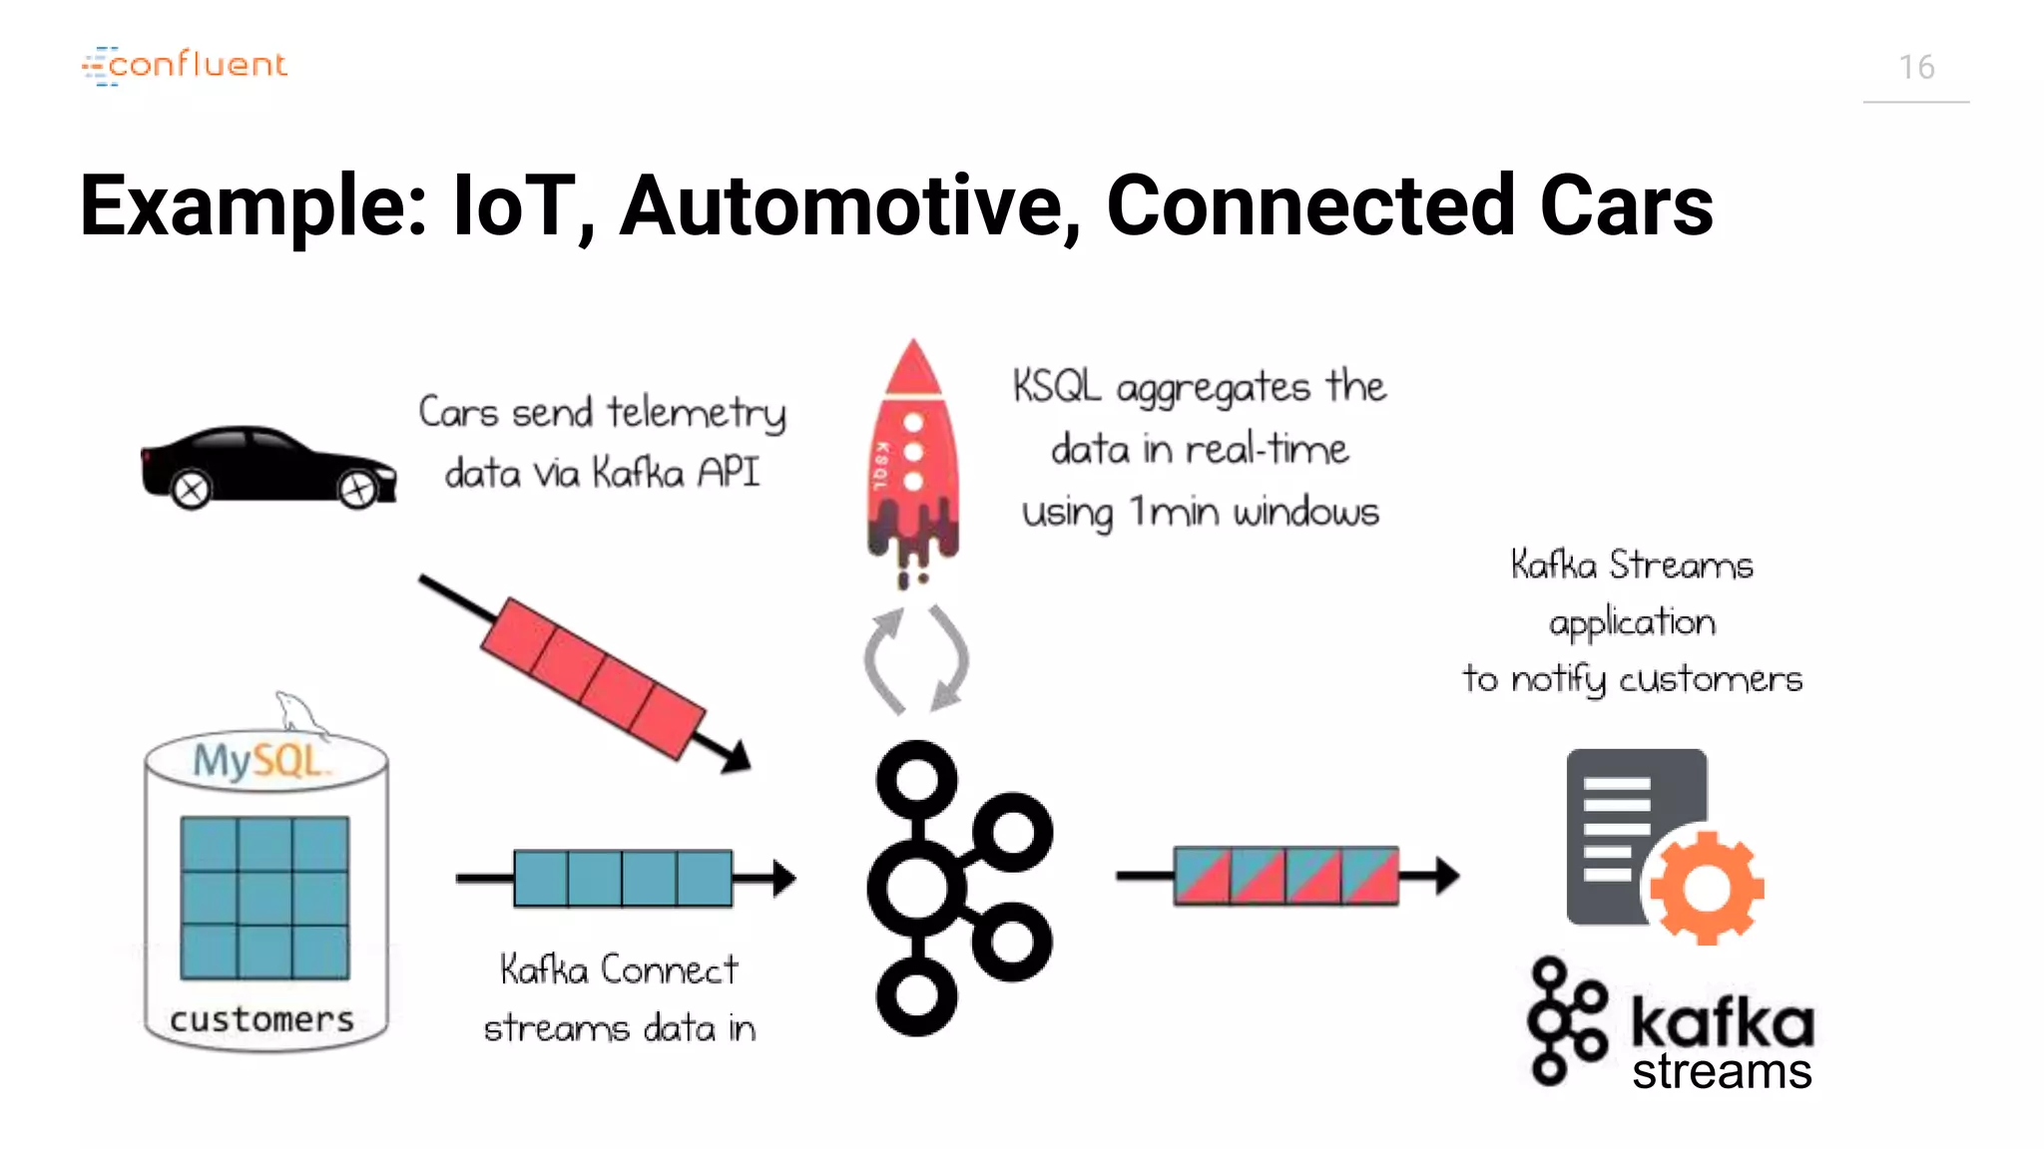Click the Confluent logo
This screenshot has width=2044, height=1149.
[x=186, y=65]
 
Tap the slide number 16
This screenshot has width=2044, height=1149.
[x=1916, y=67]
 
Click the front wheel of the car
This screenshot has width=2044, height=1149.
[x=357, y=490]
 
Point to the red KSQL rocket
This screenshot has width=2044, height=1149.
[x=912, y=459]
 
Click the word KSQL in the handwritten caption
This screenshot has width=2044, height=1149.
[x=1056, y=386]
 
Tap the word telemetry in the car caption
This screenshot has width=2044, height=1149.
[x=697, y=413]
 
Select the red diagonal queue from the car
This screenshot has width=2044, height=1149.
[x=593, y=677]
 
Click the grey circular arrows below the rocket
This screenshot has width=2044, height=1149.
[x=915, y=659]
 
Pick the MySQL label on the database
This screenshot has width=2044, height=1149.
[x=257, y=761]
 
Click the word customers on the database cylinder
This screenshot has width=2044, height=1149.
[x=261, y=1019]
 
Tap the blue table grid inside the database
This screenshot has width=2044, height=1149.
[x=264, y=898]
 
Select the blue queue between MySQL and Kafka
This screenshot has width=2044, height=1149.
[x=623, y=878]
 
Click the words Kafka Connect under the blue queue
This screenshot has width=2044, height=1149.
[x=619, y=969]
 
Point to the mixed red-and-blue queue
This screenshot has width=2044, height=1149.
[x=1285, y=876]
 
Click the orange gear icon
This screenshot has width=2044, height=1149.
[x=1707, y=887]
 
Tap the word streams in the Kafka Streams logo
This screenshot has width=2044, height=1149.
[x=1722, y=1072]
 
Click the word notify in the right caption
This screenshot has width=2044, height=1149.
[x=1558, y=680]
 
